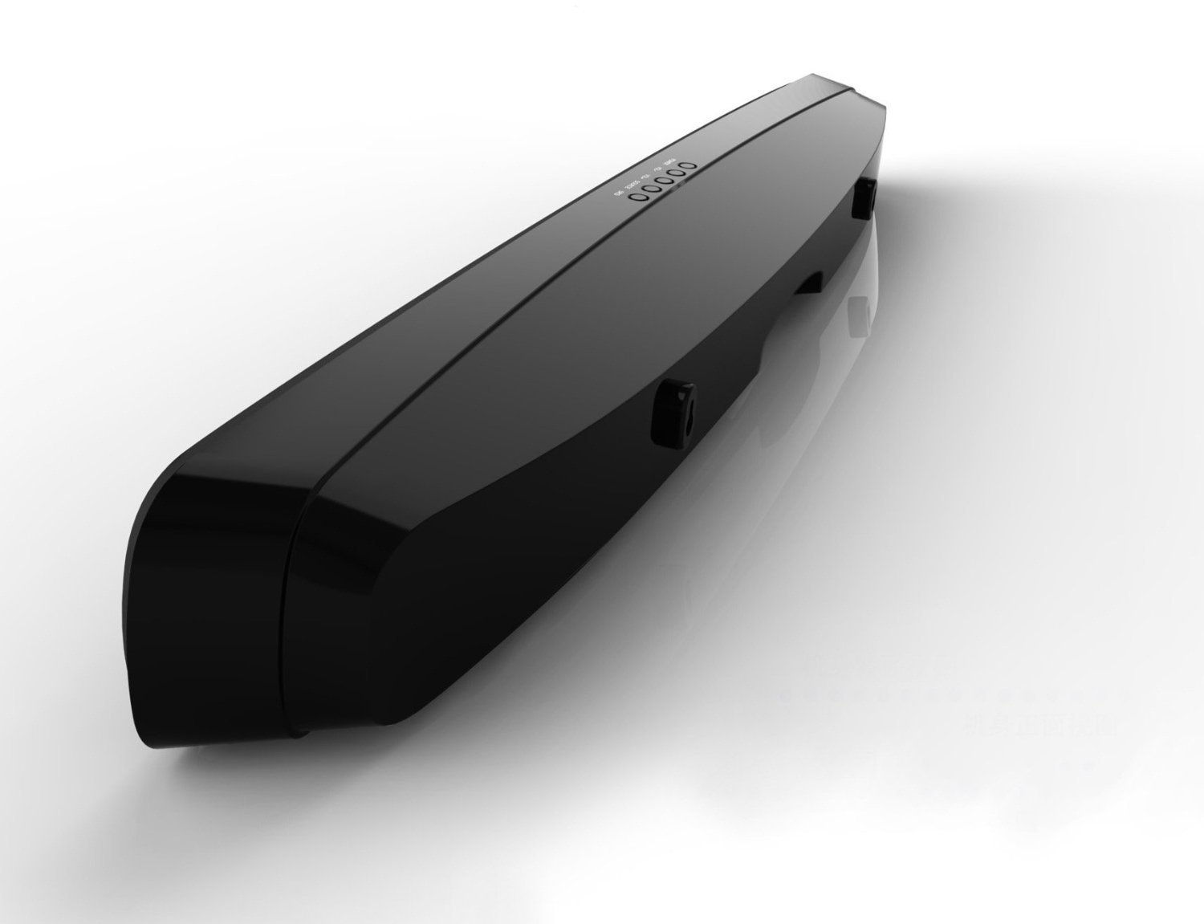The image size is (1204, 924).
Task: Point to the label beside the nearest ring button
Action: point(618,193)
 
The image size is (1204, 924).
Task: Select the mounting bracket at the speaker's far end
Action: point(864,198)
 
